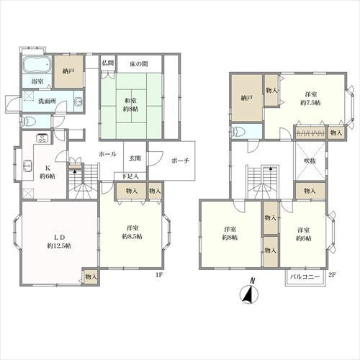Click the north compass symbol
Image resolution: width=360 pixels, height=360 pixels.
[249, 292]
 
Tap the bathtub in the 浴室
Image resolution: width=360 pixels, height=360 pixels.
[37, 64]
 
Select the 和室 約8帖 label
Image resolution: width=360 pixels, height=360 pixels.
[131, 104]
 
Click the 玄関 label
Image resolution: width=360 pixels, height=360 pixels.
[135, 158]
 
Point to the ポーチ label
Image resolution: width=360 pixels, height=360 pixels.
[181, 161]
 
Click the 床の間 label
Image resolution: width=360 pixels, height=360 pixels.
[139, 64]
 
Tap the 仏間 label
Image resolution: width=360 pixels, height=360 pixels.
[108, 63]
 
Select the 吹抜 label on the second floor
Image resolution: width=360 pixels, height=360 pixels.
[310, 161]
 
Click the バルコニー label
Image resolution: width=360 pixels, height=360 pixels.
[305, 276]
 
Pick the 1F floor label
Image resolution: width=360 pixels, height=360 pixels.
[159, 275]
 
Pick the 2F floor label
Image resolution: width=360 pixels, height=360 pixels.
[332, 275]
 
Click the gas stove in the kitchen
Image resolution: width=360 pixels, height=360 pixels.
[42, 138]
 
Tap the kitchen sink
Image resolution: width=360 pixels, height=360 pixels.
[27, 166]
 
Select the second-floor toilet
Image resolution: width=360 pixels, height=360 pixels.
[237, 132]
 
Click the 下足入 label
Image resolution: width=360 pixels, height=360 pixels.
[130, 176]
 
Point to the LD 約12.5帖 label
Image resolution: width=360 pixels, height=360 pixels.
[59, 241]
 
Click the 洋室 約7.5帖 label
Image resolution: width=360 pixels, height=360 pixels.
[310, 99]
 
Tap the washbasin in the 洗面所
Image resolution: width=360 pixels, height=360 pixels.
[78, 102]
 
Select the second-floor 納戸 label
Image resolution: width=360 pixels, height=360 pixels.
[247, 98]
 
